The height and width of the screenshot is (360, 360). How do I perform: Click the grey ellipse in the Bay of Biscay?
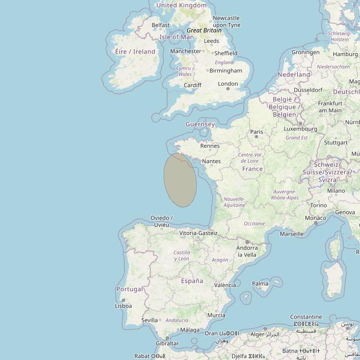click(180, 180)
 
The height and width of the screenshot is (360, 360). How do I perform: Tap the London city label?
click(228, 84)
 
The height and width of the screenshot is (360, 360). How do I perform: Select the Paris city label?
click(257, 132)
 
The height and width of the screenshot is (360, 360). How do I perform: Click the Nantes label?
click(211, 161)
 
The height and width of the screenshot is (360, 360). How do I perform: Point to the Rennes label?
click(210, 146)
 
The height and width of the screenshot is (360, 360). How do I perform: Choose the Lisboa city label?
click(123, 306)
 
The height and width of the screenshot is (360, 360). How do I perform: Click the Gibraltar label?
click(167, 343)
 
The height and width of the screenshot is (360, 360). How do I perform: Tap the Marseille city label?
click(292, 234)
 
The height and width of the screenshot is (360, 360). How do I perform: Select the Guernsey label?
click(200, 124)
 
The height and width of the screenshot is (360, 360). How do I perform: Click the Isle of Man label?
click(176, 37)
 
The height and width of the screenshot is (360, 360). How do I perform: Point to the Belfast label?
click(161, 25)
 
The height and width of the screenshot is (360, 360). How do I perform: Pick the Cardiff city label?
click(193, 85)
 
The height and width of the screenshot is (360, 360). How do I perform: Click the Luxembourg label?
click(301, 129)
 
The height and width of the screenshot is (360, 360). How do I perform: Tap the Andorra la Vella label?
click(247, 251)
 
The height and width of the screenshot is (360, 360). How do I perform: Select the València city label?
click(225, 285)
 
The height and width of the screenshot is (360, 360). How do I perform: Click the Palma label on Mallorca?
click(260, 284)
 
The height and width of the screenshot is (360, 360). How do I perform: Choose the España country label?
click(192, 281)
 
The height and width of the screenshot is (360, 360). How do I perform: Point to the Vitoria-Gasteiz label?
click(198, 233)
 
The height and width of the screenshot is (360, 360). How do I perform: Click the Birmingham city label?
click(225, 70)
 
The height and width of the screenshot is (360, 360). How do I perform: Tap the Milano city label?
click(336, 191)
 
